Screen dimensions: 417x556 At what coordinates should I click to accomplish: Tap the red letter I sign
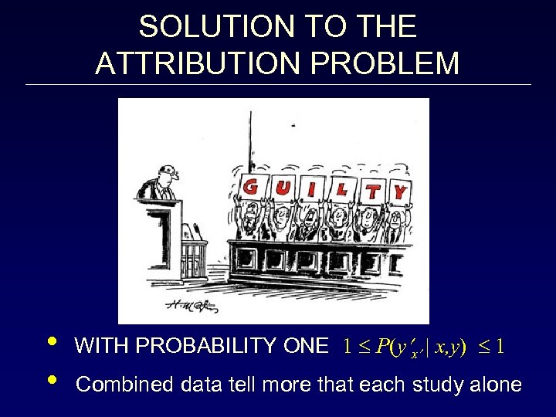tap(311, 188)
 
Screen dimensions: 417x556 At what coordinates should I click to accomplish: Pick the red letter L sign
tap(341, 189)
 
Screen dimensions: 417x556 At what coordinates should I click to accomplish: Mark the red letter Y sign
tap(400, 190)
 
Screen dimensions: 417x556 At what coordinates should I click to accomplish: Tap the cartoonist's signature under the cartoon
tap(176, 306)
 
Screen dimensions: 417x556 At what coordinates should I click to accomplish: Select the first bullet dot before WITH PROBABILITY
tap(51, 343)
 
